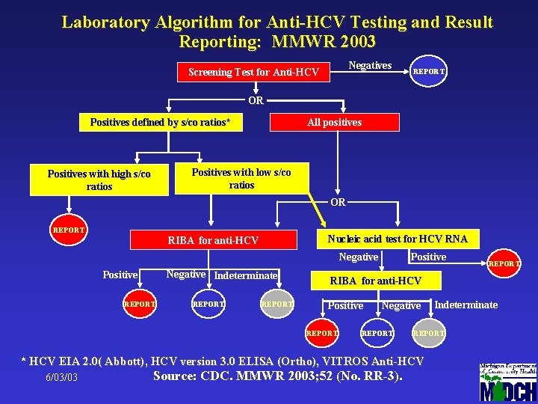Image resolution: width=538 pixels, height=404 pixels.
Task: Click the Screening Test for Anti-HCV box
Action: (253, 72)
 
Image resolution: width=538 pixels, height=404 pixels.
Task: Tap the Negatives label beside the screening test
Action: (370, 66)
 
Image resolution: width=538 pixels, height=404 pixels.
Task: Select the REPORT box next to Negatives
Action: (430, 72)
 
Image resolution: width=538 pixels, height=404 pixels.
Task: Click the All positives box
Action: (334, 122)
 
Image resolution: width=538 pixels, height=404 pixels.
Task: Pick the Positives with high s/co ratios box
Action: (99, 180)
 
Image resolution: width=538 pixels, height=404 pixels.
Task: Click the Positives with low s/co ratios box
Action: (241, 178)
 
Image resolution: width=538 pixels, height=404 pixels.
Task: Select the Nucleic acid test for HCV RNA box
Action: (398, 239)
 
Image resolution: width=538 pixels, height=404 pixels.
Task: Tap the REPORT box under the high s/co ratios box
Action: (68, 230)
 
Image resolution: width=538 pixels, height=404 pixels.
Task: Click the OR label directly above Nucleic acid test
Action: (338, 202)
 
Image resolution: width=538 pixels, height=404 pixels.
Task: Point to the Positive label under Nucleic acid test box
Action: (428, 257)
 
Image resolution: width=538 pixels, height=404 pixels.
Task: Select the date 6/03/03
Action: (61, 377)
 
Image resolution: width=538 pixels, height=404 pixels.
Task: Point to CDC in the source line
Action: (220, 376)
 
